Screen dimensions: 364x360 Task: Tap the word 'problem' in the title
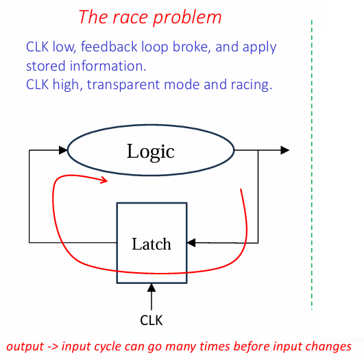pyautogui.click(x=187, y=17)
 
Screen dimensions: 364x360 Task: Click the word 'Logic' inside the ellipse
pyautogui.click(x=150, y=152)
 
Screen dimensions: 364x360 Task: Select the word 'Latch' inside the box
pyautogui.click(x=151, y=244)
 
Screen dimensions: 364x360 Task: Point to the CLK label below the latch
pyautogui.click(x=151, y=320)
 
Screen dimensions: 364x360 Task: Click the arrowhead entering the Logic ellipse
pyautogui.click(x=63, y=150)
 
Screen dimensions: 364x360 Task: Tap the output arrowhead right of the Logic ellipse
pyautogui.click(x=285, y=150)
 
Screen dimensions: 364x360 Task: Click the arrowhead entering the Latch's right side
pyautogui.click(x=191, y=243)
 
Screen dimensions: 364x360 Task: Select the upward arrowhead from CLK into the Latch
pyautogui.click(x=151, y=288)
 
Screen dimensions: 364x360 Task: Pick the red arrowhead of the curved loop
pyautogui.click(x=104, y=180)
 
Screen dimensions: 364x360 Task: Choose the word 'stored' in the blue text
pyautogui.click(x=46, y=66)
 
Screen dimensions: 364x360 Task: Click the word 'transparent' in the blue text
pyautogui.click(x=123, y=84)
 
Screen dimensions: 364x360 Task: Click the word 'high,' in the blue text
pyautogui.click(x=68, y=84)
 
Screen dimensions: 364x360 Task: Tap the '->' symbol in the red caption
pyautogui.click(x=53, y=347)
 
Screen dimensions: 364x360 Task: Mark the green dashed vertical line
pyautogui.click(x=311, y=165)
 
